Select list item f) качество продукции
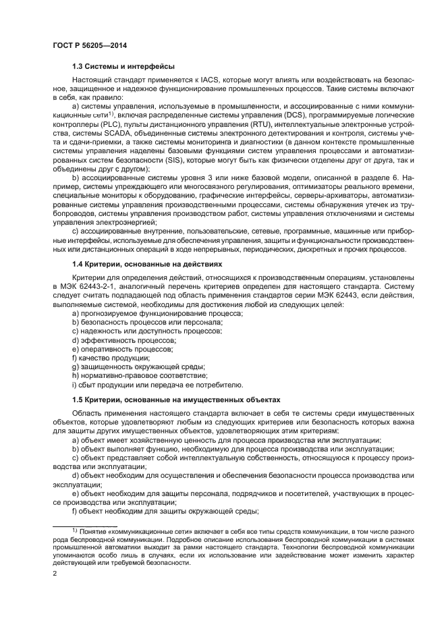click(101, 358)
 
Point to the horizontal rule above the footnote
click(85, 526)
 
